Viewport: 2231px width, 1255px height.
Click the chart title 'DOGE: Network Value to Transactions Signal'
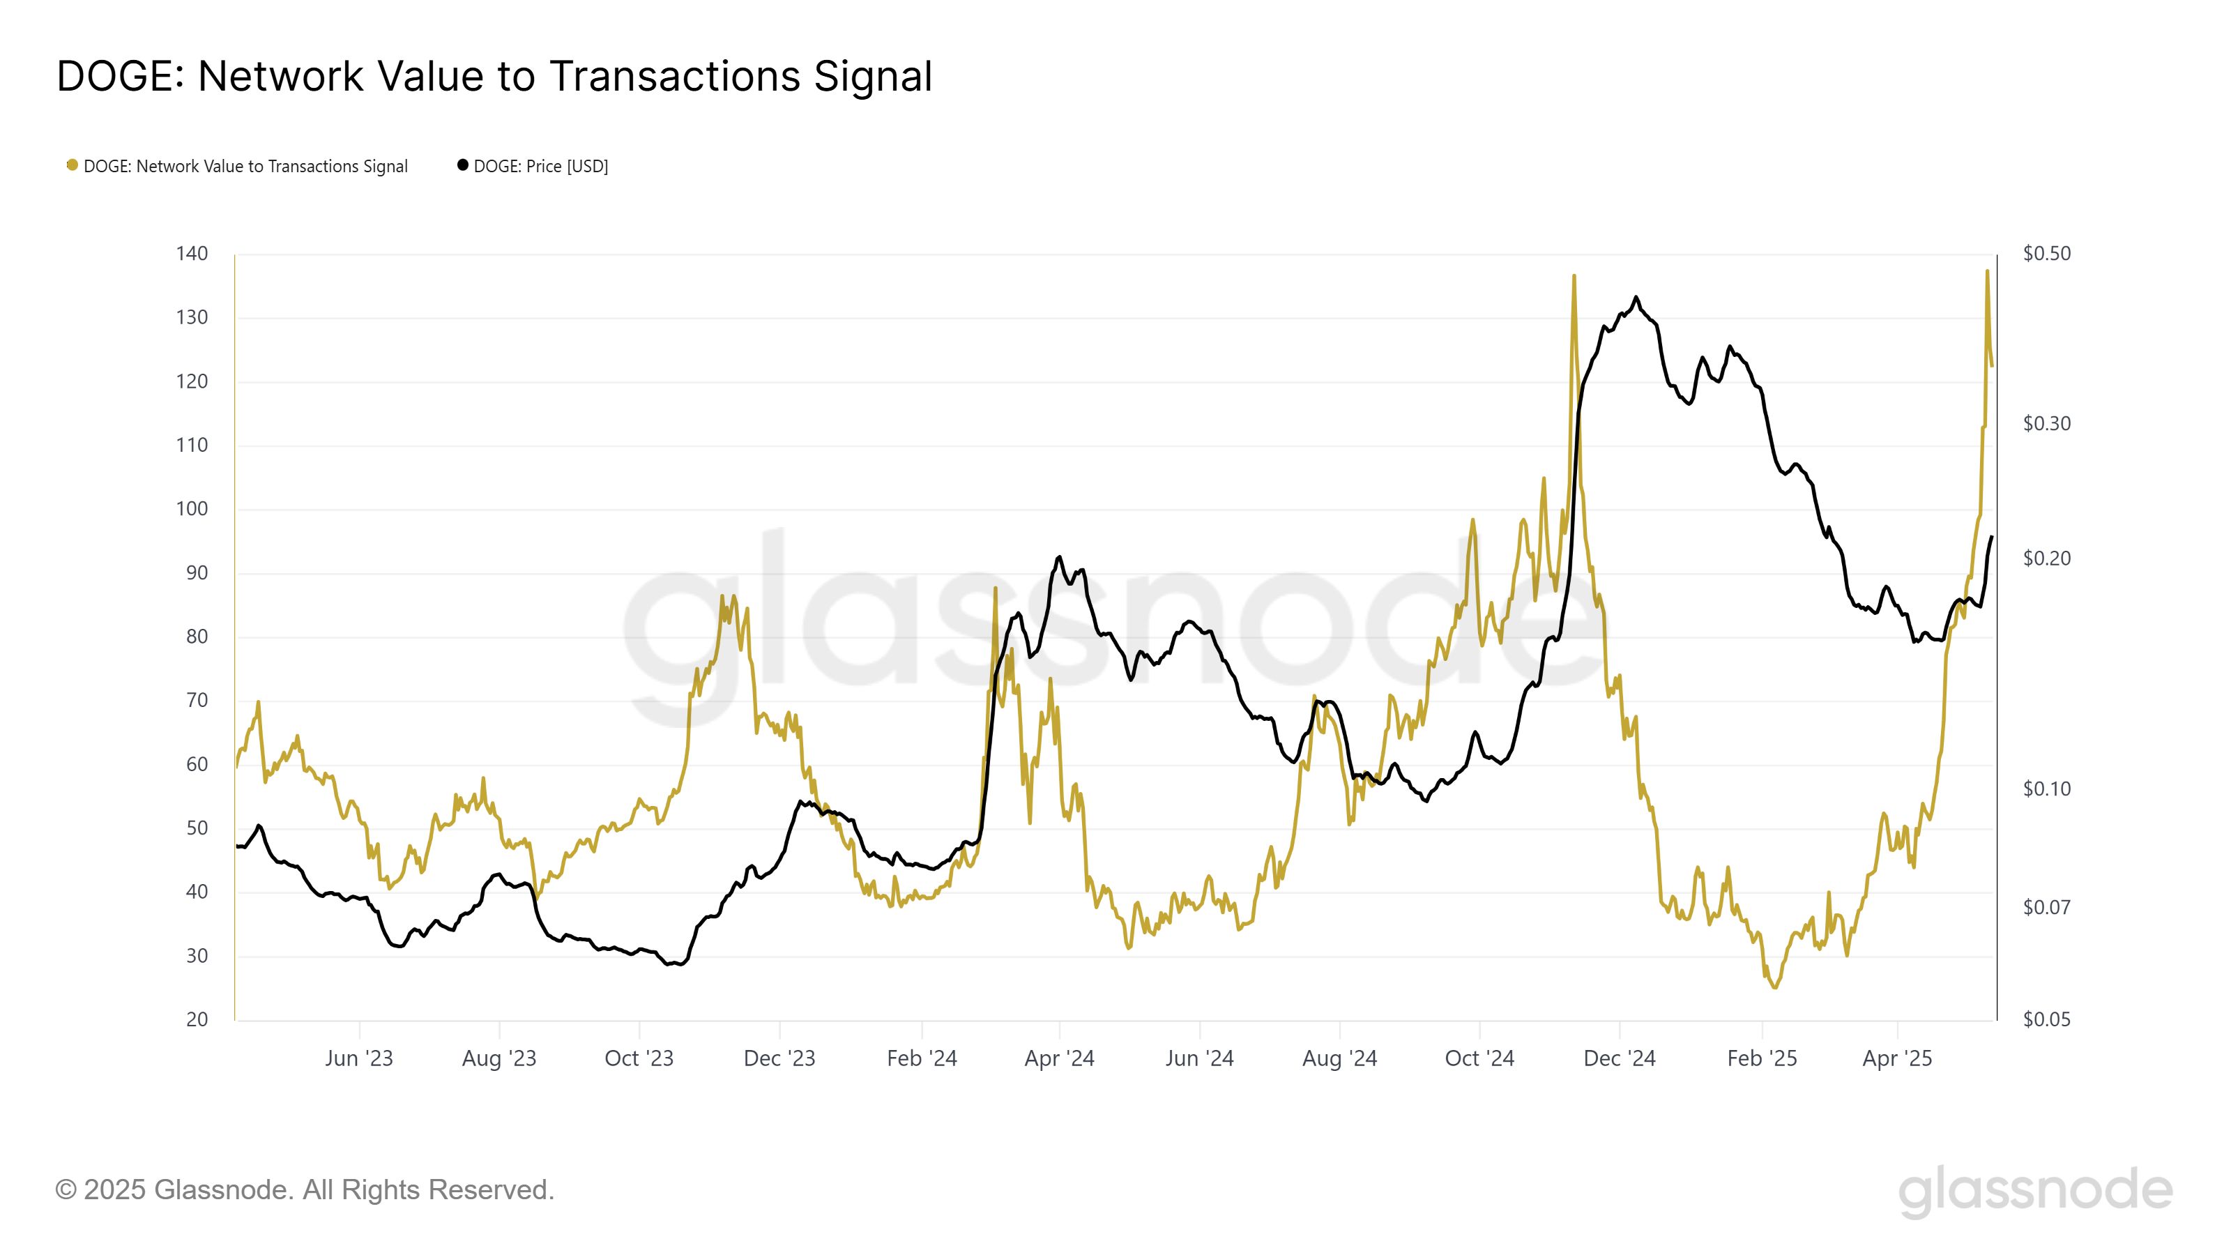pyautogui.click(x=494, y=76)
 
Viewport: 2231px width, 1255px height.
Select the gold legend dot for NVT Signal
pyautogui.click(x=73, y=165)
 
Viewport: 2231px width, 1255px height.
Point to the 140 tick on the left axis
pyautogui.click(x=192, y=254)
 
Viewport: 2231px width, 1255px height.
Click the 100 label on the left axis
pyautogui.click(x=192, y=509)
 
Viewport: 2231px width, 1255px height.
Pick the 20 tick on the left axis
pyautogui.click(x=197, y=1019)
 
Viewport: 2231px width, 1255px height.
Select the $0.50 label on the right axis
pyautogui.click(x=2046, y=254)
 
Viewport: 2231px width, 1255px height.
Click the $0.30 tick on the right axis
pyautogui.click(x=2046, y=423)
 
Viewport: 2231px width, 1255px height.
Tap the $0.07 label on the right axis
pyautogui.click(x=2046, y=908)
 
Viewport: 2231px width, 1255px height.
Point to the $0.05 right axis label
pyautogui.click(x=2046, y=1019)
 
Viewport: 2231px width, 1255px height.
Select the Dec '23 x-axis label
pyautogui.click(x=779, y=1058)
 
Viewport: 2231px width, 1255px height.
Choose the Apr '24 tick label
pyautogui.click(x=1059, y=1058)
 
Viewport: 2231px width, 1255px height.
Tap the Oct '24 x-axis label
pyautogui.click(x=1479, y=1058)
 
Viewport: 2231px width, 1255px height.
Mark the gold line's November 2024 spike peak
pyautogui.click(x=1574, y=275)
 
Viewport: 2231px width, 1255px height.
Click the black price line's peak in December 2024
pyautogui.click(x=1636, y=297)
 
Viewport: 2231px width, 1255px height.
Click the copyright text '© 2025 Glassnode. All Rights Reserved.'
pyautogui.click(x=305, y=1190)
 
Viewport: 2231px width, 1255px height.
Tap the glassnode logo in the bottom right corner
pyautogui.click(x=2035, y=1192)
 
